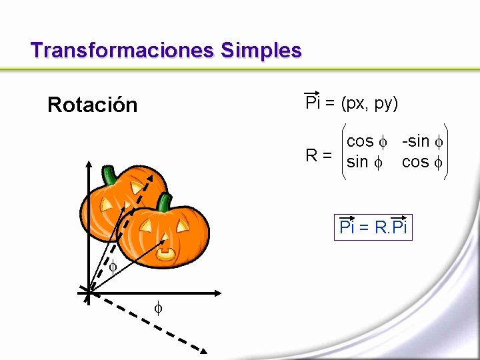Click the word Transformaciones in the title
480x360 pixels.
122,50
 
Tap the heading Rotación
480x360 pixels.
92,105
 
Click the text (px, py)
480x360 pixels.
369,103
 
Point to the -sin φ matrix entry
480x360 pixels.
421,141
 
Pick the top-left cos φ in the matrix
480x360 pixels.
367,141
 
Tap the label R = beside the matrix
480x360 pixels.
319,156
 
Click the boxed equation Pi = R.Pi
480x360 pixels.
373,227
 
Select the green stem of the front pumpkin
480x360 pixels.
164,202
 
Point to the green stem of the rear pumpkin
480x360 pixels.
109,175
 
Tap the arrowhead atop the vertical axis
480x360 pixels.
87,163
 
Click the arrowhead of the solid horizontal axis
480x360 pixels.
217,292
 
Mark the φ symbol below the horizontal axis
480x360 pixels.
158,308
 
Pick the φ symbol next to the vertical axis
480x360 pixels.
113,267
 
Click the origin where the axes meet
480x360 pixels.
87,291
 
